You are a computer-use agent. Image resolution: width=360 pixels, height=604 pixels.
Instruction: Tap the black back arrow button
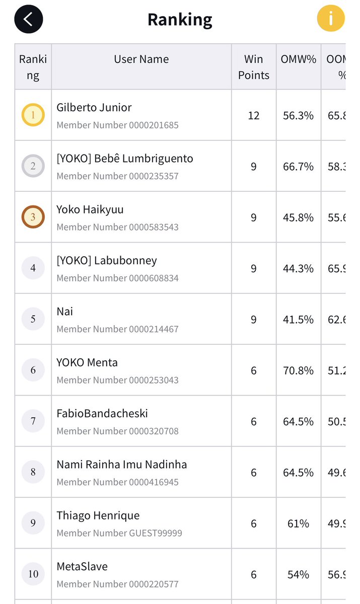[x=29, y=19]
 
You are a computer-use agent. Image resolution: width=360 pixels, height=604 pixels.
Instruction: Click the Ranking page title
[x=180, y=20]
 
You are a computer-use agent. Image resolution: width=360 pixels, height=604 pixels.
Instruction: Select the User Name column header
[x=141, y=59]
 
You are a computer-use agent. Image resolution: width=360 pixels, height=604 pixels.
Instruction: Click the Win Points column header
[x=254, y=67]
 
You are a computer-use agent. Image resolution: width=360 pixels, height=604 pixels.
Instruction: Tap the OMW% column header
[x=299, y=59]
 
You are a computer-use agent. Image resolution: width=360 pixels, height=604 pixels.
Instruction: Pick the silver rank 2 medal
[x=33, y=166]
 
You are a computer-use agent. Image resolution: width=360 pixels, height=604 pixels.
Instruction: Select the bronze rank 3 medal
[x=33, y=217]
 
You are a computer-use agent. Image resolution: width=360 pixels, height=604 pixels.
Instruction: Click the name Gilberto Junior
[x=94, y=108]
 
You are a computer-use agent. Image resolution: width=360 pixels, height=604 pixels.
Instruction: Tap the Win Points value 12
[x=254, y=116]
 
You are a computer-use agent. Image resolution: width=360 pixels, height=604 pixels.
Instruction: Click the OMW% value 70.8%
[x=299, y=370]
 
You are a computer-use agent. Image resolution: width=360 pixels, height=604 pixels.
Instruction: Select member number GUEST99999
[x=119, y=533]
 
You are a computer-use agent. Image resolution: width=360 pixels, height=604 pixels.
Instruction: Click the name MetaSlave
[x=82, y=567]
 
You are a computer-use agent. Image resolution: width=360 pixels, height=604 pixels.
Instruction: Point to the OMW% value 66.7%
[x=299, y=167]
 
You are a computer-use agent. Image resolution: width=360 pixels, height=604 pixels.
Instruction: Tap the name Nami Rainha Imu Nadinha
[x=122, y=465]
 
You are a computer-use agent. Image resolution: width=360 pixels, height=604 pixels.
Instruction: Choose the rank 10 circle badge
[x=33, y=574]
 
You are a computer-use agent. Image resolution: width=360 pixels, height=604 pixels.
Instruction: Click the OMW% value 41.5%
[x=299, y=320]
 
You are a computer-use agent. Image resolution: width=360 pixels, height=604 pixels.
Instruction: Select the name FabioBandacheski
[x=102, y=414]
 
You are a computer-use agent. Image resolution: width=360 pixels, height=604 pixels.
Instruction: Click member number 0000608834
[x=117, y=278]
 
